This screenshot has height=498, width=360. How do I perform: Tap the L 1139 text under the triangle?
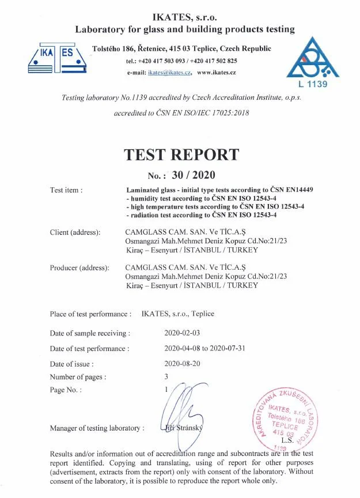point(313,85)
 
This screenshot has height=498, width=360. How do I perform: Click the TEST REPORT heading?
point(181,154)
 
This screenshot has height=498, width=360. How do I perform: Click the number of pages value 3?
point(166,376)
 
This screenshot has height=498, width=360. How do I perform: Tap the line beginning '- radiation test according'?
point(201,214)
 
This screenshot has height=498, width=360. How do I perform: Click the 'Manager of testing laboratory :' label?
point(97,428)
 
